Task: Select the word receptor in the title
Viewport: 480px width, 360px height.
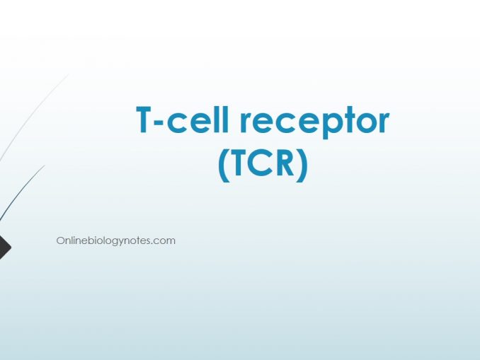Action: tap(315, 122)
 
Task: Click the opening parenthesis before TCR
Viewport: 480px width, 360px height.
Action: tap(224, 166)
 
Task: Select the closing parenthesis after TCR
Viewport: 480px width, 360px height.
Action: tap(302, 166)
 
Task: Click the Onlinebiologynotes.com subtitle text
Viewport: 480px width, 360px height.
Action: tap(115, 241)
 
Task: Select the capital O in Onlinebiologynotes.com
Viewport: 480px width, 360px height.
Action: tap(60, 240)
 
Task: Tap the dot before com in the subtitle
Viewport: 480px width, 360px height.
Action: tap(154, 243)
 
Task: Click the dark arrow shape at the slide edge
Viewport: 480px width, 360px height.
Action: tap(4, 248)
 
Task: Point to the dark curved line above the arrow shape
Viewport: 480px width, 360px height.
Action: tap(21, 192)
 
